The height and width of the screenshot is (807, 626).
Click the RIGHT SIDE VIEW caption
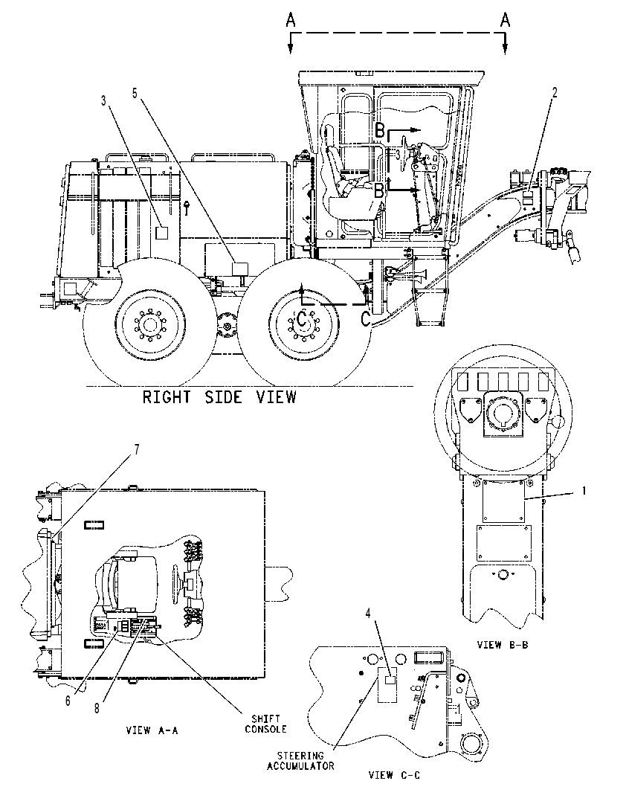(219, 397)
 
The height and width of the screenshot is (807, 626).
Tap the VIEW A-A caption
(152, 730)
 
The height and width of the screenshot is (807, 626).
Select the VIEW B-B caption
(503, 644)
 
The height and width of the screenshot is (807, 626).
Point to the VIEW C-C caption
(394, 774)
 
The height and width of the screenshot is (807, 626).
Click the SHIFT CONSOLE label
(265, 724)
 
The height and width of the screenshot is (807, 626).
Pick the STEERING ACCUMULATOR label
(300, 761)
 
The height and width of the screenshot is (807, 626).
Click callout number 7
(136, 449)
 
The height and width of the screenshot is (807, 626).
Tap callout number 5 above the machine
(135, 93)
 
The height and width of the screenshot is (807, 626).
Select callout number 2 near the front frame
(555, 93)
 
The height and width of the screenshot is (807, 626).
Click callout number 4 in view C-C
(368, 613)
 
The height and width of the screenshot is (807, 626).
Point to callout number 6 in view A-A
(68, 701)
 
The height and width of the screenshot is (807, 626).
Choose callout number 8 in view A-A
(96, 708)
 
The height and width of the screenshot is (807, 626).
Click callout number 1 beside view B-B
(584, 492)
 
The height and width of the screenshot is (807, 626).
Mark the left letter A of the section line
(291, 20)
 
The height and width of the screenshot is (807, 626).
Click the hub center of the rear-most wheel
(149, 325)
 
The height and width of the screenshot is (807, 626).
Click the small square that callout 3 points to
(161, 233)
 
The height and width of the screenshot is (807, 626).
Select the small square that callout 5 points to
(239, 269)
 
